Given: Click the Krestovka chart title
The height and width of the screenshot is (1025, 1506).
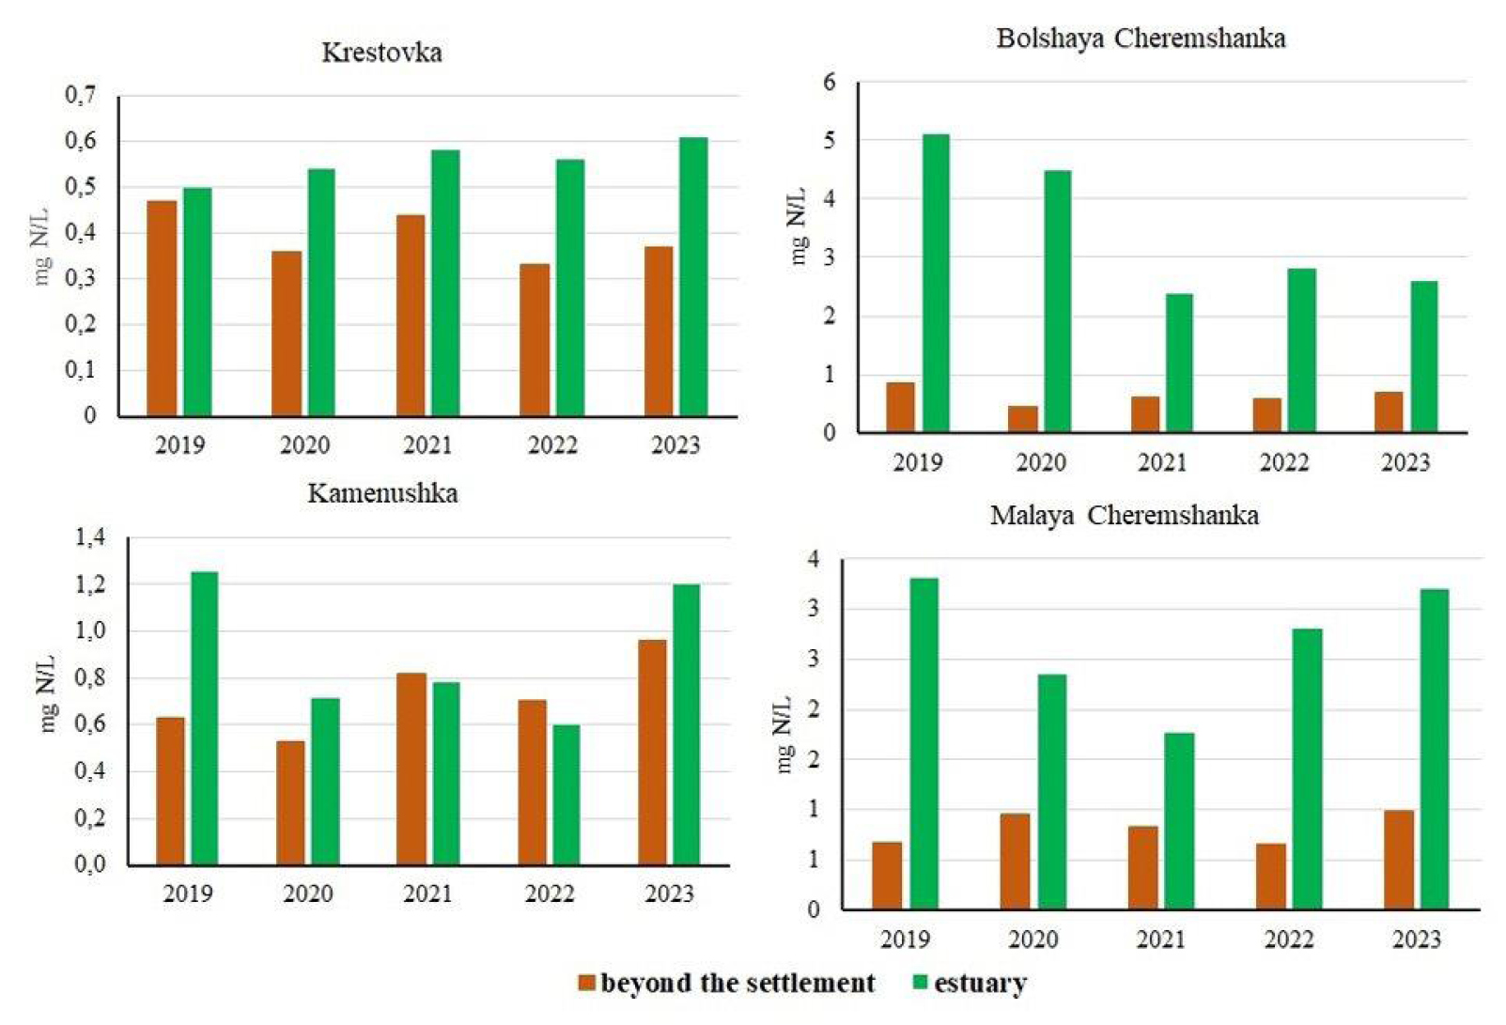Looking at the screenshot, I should click(381, 53).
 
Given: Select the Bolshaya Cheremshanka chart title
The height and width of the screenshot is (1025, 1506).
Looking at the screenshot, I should click(1141, 39).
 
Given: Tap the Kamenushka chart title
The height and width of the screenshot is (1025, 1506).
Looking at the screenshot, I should click(382, 493).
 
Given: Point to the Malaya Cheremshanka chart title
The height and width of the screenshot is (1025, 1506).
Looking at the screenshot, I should click(1124, 515).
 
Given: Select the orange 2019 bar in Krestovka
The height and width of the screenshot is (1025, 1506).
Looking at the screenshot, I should click(162, 308).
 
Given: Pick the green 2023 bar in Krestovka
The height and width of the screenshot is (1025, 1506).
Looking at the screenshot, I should click(693, 277).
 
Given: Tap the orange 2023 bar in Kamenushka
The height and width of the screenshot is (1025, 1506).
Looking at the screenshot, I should click(652, 752).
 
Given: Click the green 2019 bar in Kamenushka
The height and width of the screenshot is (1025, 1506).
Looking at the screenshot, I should click(204, 718).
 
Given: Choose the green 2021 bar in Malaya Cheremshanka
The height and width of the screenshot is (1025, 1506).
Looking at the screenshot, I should click(1179, 820).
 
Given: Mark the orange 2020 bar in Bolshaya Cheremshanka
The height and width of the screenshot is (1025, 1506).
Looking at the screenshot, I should click(1023, 419).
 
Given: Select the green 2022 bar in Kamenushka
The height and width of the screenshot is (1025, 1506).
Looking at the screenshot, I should click(566, 794).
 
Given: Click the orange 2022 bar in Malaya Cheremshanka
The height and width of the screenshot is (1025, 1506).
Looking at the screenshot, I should click(1270, 876).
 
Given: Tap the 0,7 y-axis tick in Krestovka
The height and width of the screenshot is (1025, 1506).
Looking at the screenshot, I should click(80, 95).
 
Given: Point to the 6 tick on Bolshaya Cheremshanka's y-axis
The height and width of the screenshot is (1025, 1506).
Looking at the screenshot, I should click(829, 82).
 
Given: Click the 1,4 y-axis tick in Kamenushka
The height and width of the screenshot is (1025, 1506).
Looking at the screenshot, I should click(90, 537).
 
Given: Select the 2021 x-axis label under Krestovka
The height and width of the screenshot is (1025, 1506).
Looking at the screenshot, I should click(427, 444).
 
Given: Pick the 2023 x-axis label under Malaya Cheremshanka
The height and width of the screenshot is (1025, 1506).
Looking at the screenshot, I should click(1416, 939).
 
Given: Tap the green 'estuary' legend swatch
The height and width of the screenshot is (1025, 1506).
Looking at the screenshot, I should click(921, 983).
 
